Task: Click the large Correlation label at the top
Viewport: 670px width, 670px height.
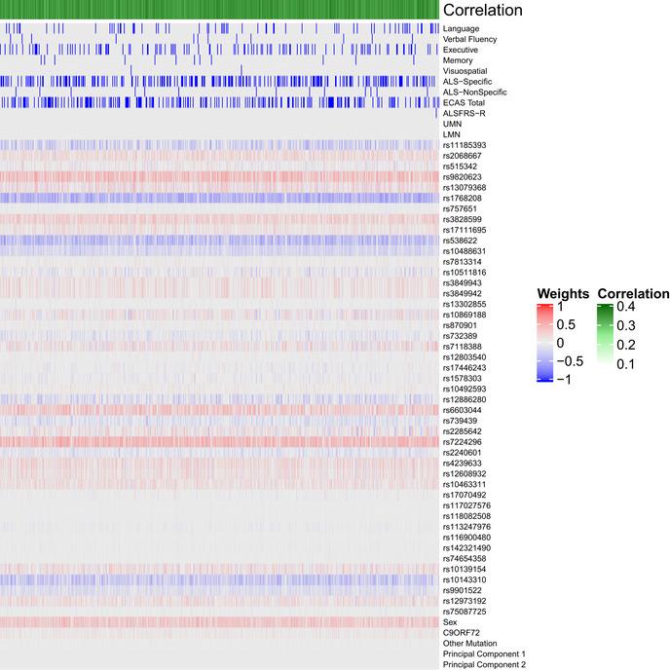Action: [482, 11]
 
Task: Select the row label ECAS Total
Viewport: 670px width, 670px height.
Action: [462, 102]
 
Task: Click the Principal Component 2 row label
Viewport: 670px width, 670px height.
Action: [484, 664]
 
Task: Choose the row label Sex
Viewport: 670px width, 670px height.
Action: [449, 622]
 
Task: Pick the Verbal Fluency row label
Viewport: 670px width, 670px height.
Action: [468, 39]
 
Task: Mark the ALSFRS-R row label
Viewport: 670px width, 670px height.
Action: [460, 113]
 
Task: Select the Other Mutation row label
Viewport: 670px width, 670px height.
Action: [469, 644]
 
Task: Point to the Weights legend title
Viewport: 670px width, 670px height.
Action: [563, 294]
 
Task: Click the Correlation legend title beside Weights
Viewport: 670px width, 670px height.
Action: [633, 294]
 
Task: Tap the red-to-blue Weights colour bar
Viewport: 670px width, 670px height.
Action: [545, 341]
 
